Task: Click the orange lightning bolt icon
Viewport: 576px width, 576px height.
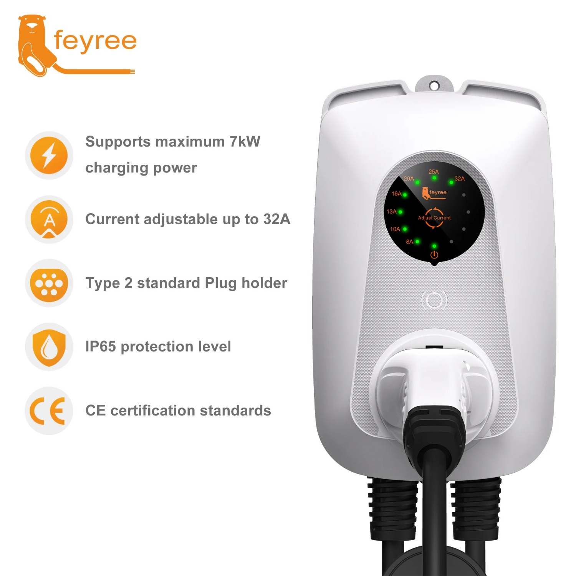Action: pos(49,155)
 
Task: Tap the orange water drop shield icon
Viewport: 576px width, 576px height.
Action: pos(49,347)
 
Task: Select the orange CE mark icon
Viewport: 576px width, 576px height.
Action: pos(48,411)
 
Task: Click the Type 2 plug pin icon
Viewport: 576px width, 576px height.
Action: pos(49,283)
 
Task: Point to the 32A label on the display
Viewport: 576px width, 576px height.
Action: pos(459,179)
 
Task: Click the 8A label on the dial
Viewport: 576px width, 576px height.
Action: pos(409,242)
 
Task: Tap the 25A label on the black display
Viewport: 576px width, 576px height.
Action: pos(434,172)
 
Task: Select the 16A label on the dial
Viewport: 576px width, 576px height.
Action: pos(396,194)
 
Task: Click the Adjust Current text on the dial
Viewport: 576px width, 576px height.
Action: pos(434,218)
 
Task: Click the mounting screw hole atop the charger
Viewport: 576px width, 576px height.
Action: pos(434,86)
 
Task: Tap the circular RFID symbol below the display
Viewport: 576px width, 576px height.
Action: pos(434,300)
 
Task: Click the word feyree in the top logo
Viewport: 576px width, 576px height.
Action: pos(95,41)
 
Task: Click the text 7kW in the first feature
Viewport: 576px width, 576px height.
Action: pos(245,141)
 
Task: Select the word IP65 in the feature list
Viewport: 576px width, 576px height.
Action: pos(101,346)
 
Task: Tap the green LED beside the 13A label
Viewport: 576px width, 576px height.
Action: pos(401,212)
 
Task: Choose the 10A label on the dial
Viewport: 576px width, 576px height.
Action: pos(395,229)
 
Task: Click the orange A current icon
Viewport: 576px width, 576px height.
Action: pos(49,219)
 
